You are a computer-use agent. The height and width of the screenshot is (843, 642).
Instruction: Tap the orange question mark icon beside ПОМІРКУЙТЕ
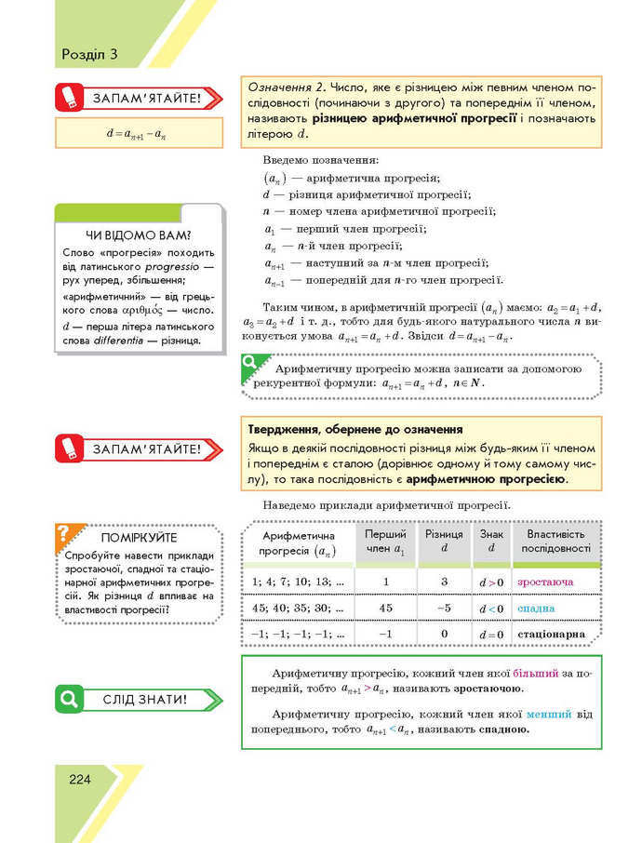(64, 533)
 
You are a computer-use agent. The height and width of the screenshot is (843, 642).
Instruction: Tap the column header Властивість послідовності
(556, 542)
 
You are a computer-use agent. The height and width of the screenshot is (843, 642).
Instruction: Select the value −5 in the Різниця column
(444, 609)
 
